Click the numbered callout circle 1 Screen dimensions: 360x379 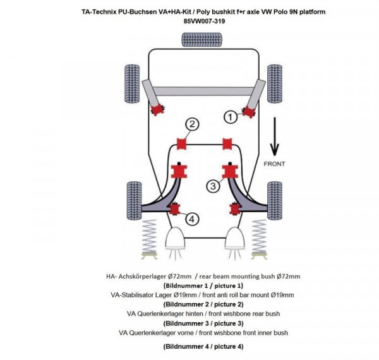click(x=231, y=116)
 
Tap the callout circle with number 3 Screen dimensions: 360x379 click(x=214, y=186)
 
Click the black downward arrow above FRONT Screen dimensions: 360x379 click(x=274, y=140)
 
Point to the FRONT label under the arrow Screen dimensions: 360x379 click(x=275, y=164)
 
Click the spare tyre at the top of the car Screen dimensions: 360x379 click(x=197, y=40)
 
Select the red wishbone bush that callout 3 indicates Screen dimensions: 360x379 click(x=228, y=171)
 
